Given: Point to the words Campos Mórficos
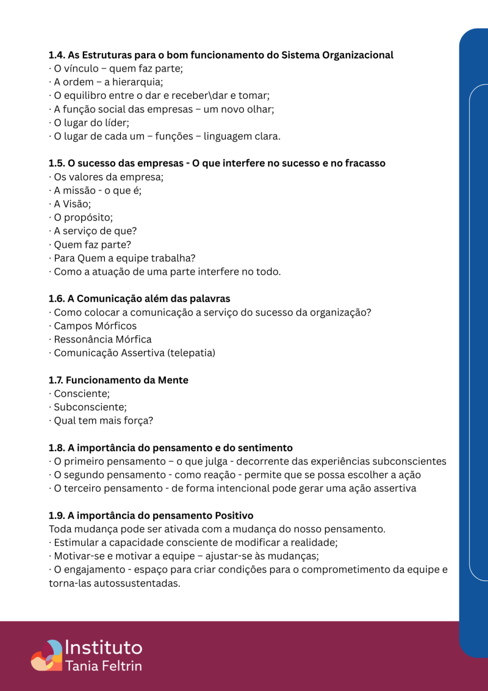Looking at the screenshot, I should click(x=95, y=326).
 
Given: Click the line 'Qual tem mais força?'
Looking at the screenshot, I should click(x=103, y=421).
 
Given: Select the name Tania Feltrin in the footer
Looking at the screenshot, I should click(x=102, y=665).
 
